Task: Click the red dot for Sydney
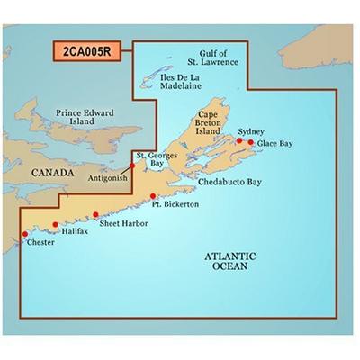tap(238, 141)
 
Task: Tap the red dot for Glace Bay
tap(250, 143)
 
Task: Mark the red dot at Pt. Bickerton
tap(154, 196)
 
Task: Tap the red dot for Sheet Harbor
tap(95, 215)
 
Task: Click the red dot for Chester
tap(24, 235)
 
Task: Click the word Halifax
tap(76, 231)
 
